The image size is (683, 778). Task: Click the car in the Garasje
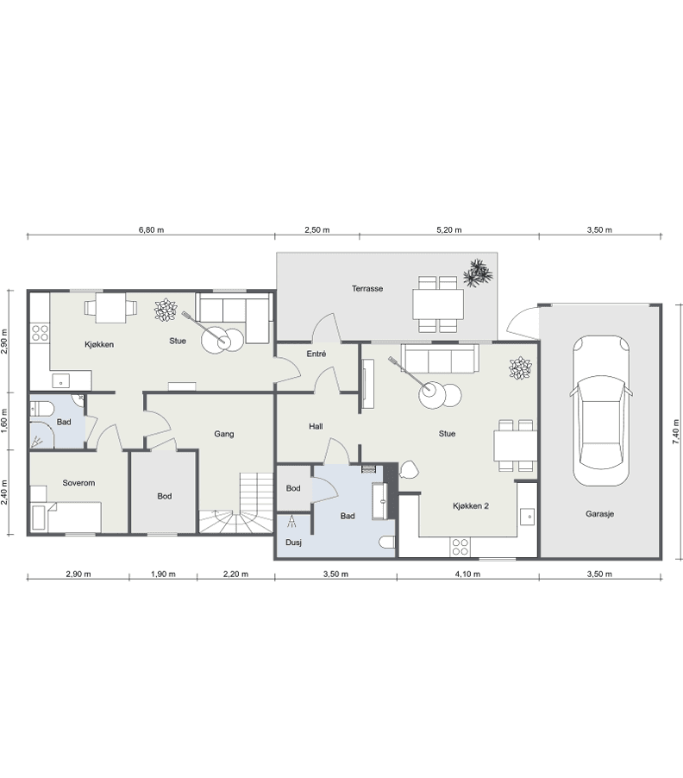(x=601, y=411)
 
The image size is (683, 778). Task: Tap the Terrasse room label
(x=367, y=288)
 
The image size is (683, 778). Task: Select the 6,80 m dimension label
(x=151, y=229)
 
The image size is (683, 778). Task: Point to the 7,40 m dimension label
(x=675, y=431)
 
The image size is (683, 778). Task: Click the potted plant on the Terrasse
(x=478, y=273)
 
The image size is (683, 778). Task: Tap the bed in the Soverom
(x=66, y=517)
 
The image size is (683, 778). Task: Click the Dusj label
(x=293, y=543)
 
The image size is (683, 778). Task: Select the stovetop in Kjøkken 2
(x=461, y=547)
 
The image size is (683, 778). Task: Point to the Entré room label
(x=316, y=354)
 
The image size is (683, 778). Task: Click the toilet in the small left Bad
(x=41, y=410)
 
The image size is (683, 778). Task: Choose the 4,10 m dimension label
(x=467, y=574)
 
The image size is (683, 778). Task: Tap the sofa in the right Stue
(x=441, y=358)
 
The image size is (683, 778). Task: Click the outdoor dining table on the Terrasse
(x=438, y=304)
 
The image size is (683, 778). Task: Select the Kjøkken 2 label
(x=471, y=506)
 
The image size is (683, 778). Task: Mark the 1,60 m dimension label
(x=4, y=421)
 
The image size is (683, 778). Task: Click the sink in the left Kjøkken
(x=61, y=381)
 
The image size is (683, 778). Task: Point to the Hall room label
(x=316, y=426)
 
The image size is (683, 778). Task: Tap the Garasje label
(x=599, y=514)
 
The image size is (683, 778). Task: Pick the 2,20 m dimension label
(x=235, y=574)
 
